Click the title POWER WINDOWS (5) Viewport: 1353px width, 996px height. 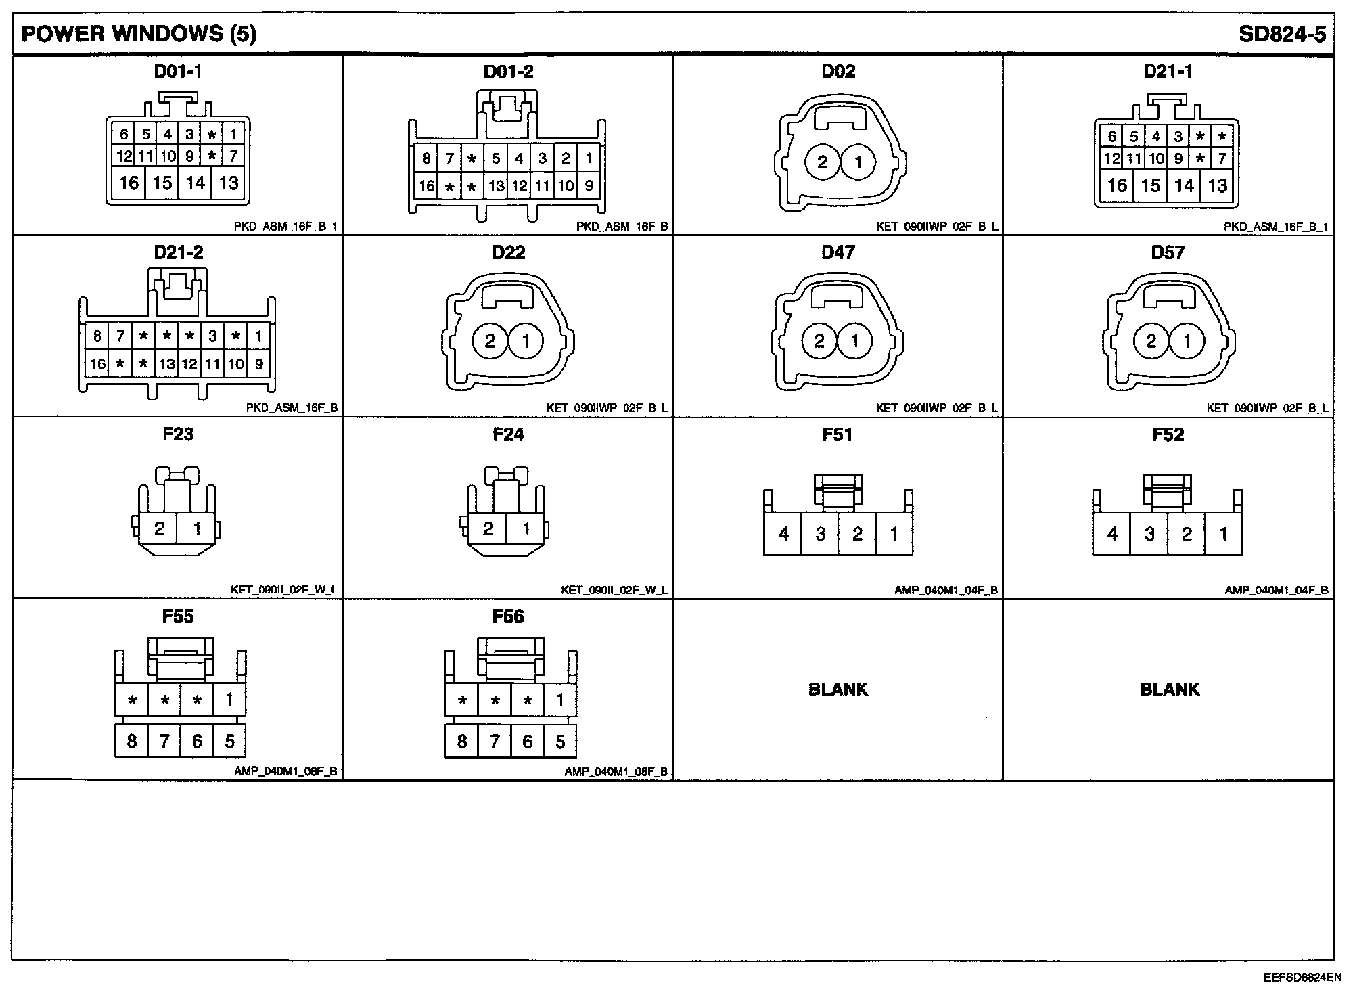click(x=139, y=34)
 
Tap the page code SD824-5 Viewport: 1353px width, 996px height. click(x=1282, y=35)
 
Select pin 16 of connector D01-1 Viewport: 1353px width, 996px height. click(x=129, y=183)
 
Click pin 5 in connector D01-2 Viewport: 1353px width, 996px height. click(x=496, y=159)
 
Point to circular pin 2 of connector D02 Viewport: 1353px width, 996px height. click(x=823, y=162)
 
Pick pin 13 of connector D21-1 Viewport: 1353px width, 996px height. click(x=1218, y=185)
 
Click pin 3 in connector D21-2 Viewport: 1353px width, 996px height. click(x=212, y=336)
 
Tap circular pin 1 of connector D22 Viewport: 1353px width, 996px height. click(x=526, y=341)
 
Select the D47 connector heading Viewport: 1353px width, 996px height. click(x=838, y=252)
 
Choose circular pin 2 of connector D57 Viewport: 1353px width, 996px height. click(x=1151, y=341)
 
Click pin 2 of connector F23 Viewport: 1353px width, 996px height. click(x=160, y=528)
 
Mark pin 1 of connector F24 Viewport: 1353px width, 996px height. click(x=526, y=528)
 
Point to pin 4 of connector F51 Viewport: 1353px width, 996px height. click(x=783, y=534)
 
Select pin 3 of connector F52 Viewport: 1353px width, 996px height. click(x=1149, y=534)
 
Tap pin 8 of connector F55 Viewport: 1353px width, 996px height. click(x=132, y=742)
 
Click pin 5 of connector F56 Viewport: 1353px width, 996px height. click(x=560, y=742)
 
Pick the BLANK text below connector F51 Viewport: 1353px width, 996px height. click(x=838, y=689)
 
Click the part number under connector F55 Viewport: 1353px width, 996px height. click(x=285, y=771)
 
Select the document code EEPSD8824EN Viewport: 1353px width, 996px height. click(x=1302, y=978)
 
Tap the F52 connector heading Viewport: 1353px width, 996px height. click(x=1168, y=434)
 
